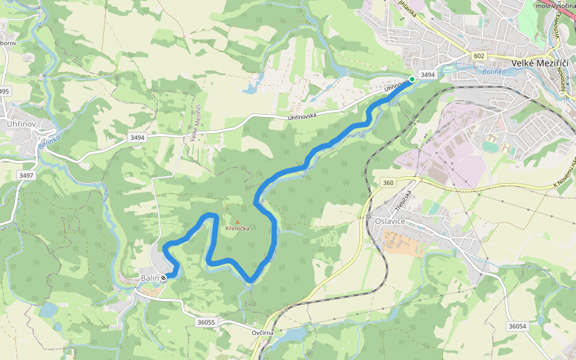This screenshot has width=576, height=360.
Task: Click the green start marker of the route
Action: click(412, 79)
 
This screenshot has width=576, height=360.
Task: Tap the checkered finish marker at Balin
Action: click(163, 278)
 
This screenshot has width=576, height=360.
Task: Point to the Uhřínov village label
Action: click(22, 124)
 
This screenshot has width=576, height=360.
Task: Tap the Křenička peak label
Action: click(238, 229)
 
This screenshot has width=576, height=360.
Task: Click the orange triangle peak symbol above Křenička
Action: click(238, 221)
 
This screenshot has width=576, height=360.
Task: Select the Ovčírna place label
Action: click(263, 332)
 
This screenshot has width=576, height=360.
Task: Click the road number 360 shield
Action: click(388, 182)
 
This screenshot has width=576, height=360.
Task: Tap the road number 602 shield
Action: click(478, 56)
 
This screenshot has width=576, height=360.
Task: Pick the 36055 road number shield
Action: click(206, 322)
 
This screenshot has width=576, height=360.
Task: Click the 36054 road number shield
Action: click(517, 326)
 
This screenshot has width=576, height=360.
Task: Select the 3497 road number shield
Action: click(26, 175)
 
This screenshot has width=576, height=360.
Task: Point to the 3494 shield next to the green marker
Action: click(427, 74)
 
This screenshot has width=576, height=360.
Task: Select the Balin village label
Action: click(149, 278)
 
